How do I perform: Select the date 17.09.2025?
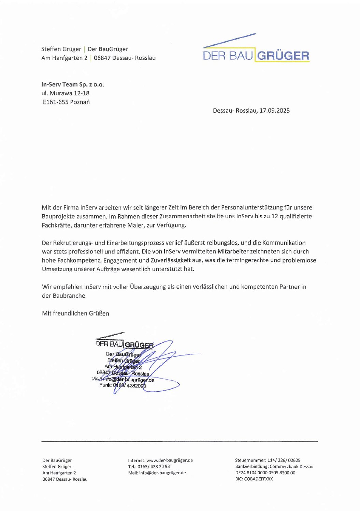click(274, 111)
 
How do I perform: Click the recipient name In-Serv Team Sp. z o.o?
click(73, 84)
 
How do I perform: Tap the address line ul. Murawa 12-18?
click(66, 93)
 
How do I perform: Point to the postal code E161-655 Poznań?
click(66, 102)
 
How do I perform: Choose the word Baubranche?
click(70, 296)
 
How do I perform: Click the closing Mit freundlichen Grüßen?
click(75, 313)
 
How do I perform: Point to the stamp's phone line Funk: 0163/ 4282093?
click(123, 385)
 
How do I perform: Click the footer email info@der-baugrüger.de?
click(162, 473)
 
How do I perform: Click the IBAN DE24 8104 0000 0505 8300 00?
click(265, 473)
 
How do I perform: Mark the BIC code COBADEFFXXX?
click(258, 479)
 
